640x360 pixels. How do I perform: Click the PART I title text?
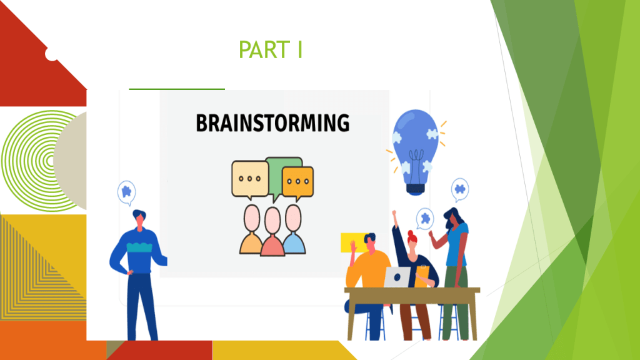(270, 50)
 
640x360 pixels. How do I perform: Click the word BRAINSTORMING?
(272, 123)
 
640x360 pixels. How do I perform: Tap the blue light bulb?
(415, 152)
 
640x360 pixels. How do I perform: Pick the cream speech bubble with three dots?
(250, 179)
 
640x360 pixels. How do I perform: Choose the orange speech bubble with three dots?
(298, 182)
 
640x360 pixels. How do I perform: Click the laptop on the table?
(397, 277)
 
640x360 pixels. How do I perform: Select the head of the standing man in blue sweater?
(139, 218)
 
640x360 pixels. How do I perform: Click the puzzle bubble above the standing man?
(126, 192)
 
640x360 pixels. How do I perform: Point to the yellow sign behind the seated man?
(354, 242)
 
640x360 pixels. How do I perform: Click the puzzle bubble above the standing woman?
(460, 190)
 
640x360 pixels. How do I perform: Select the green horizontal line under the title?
(177, 89)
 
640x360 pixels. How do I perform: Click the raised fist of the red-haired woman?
(394, 214)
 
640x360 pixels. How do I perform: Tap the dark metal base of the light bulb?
(416, 189)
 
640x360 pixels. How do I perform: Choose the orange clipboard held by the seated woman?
(422, 276)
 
